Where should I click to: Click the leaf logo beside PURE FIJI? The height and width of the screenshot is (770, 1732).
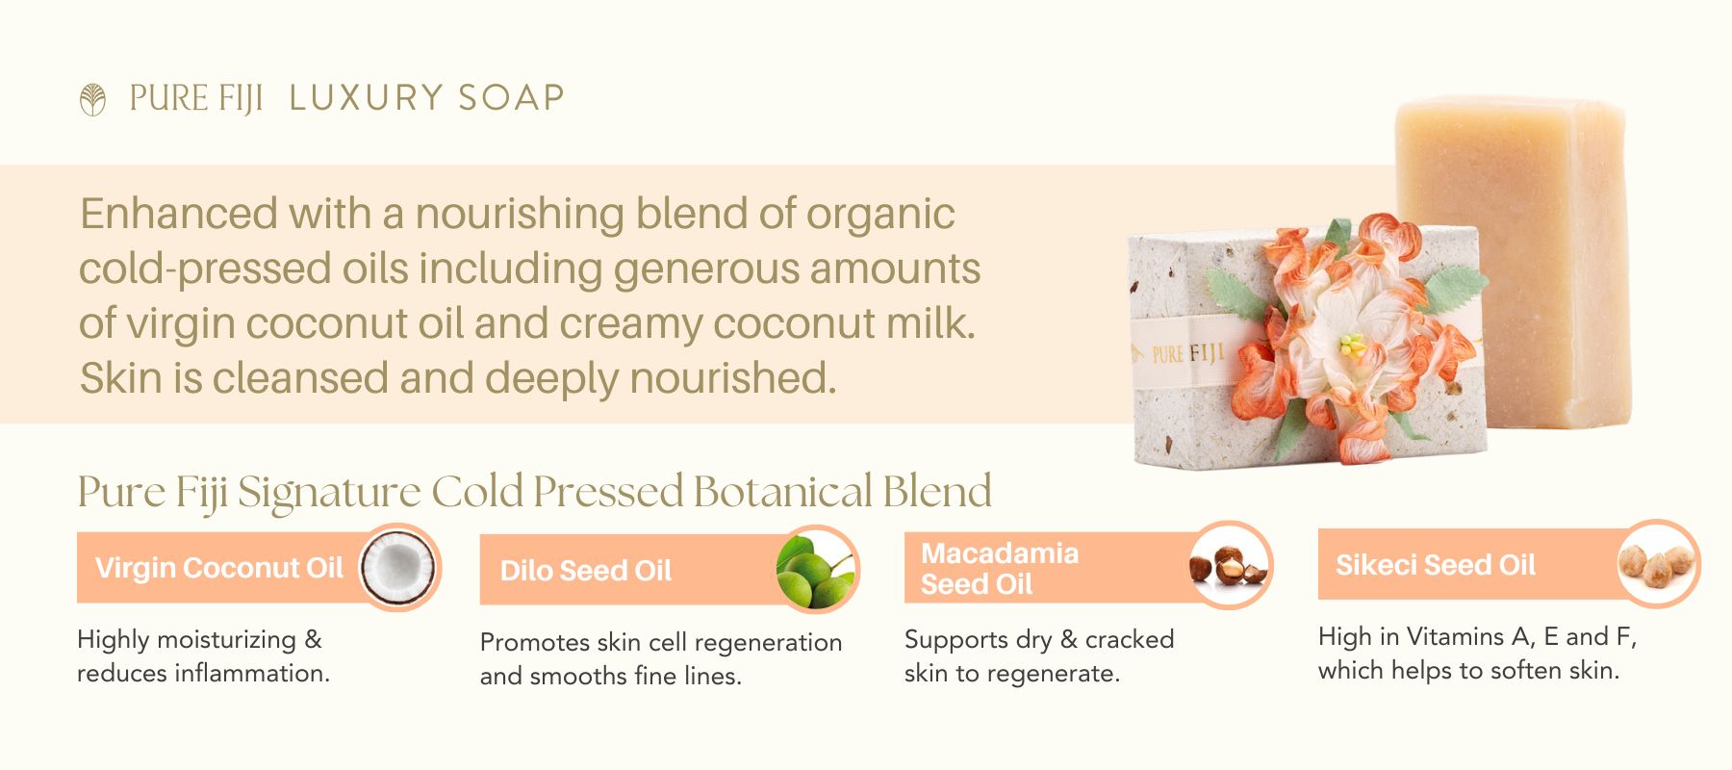(92, 99)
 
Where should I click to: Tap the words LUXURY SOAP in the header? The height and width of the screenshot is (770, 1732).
(426, 98)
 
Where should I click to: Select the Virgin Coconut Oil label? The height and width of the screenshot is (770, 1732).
(219, 568)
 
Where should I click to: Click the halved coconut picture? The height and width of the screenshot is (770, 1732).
(398, 567)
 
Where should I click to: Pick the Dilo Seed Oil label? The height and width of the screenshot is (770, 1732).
(586, 571)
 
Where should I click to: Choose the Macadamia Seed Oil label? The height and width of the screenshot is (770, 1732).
(1000, 569)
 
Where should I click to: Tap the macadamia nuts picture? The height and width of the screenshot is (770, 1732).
(1229, 565)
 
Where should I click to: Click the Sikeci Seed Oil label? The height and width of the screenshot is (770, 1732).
(1436, 565)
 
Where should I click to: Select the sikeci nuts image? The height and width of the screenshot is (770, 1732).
(1657, 563)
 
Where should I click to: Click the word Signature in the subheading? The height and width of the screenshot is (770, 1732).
(329, 493)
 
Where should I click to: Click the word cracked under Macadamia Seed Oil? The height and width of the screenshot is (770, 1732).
(1130, 639)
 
